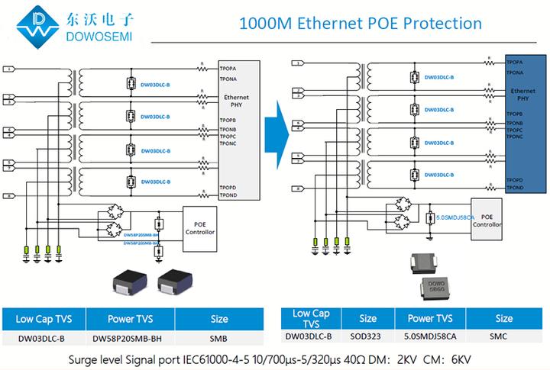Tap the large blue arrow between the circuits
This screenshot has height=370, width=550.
pyautogui.click(x=276, y=123)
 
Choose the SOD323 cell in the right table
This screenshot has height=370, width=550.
pyautogui.click(x=368, y=335)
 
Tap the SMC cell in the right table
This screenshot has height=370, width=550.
pyautogui.click(x=503, y=335)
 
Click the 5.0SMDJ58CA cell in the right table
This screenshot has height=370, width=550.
pyautogui.click(x=432, y=335)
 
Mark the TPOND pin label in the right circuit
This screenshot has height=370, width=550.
pyautogui.click(x=514, y=187)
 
